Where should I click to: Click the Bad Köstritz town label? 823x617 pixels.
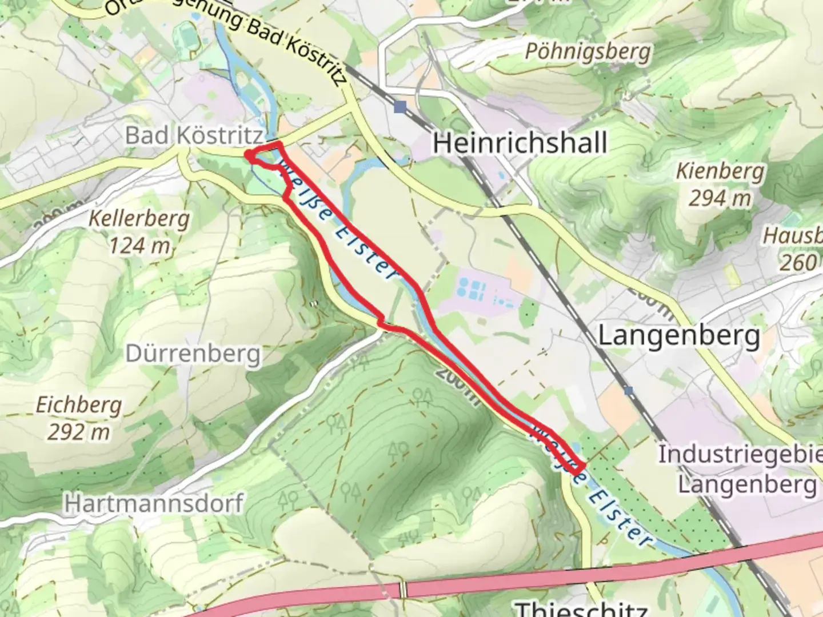(x=194, y=136)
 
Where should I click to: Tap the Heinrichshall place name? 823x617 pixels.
(x=520, y=142)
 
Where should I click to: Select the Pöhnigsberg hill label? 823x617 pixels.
(x=588, y=52)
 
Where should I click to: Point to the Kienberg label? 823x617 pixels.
(x=720, y=171)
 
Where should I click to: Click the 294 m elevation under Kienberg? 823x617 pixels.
(x=719, y=199)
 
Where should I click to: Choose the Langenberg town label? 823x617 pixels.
(x=679, y=336)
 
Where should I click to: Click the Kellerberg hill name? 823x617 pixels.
(x=139, y=218)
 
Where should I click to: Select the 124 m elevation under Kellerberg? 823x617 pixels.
(x=139, y=246)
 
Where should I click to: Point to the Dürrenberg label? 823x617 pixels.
(x=193, y=354)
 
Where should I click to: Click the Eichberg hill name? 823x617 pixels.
(x=79, y=405)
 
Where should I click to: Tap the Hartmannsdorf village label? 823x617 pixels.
(x=153, y=503)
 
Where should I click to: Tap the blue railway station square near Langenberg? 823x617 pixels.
(x=629, y=391)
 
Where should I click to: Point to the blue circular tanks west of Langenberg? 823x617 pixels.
(x=472, y=289)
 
